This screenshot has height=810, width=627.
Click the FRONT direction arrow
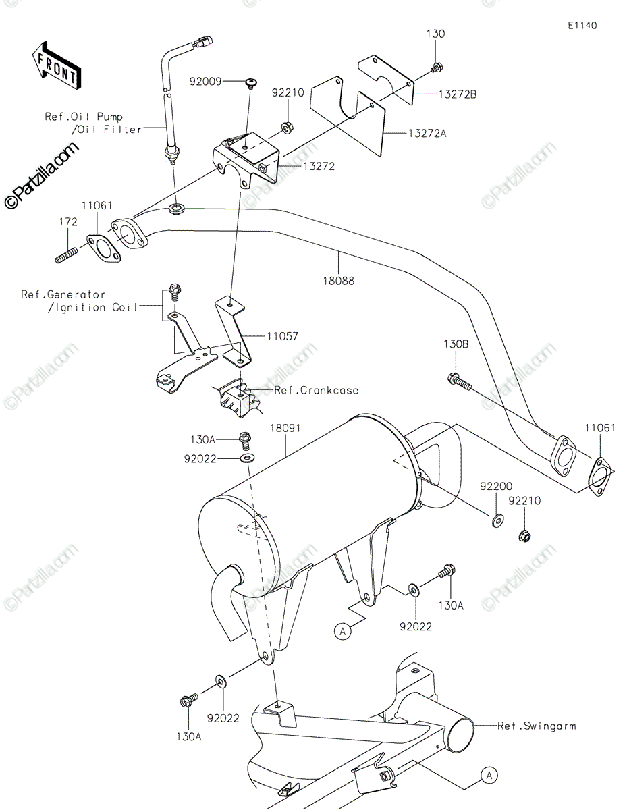pyautogui.click(x=57, y=65)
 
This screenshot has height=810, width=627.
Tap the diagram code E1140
pyautogui.click(x=582, y=26)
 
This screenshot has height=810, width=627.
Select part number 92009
pyautogui.click(x=205, y=81)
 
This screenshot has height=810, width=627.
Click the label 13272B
pyautogui.click(x=457, y=94)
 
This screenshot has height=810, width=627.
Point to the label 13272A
pyautogui.click(x=427, y=133)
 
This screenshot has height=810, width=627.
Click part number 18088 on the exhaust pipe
pyautogui.click(x=338, y=281)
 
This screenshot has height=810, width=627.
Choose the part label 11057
pyautogui.click(x=282, y=336)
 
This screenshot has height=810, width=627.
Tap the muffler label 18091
pyautogui.click(x=285, y=428)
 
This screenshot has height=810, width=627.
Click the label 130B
pyautogui.click(x=456, y=344)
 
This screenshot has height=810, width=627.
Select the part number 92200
pyautogui.click(x=496, y=486)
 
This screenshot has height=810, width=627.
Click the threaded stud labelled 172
pyautogui.click(x=66, y=254)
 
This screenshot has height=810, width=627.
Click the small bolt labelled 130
pyautogui.click(x=436, y=68)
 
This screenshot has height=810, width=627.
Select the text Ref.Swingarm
pyautogui.click(x=537, y=726)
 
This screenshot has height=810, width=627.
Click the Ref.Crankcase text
pyautogui.click(x=317, y=390)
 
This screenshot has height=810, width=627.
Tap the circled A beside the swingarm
pyautogui.click(x=489, y=775)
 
